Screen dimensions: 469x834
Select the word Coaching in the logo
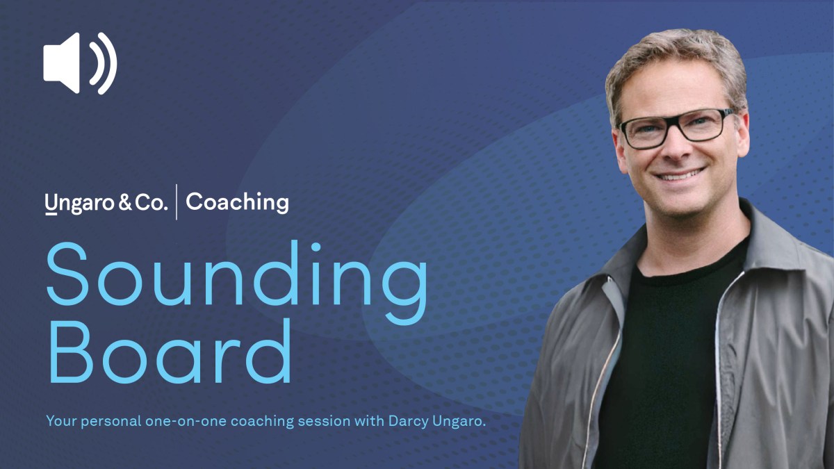[237, 202]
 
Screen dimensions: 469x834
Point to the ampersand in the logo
[127, 203]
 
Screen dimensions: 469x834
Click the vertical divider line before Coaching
[177, 202]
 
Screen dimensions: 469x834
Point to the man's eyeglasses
[676, 127]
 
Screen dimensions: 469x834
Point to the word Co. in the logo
[153, 203]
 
